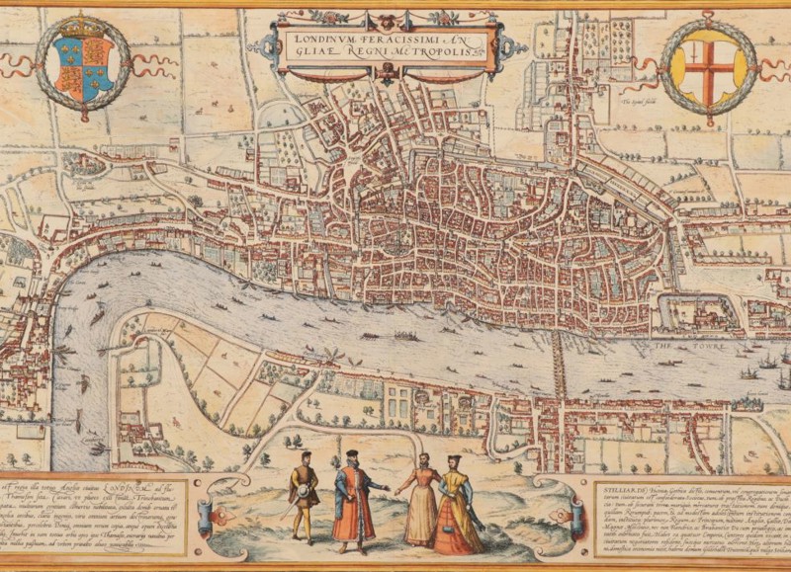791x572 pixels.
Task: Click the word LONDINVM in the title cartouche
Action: (x=319, y=41)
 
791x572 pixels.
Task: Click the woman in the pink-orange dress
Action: (x=421, y=504)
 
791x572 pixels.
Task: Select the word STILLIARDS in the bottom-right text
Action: (x=618, y=486)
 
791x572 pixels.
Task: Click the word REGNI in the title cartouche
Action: (x=395, y=56)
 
